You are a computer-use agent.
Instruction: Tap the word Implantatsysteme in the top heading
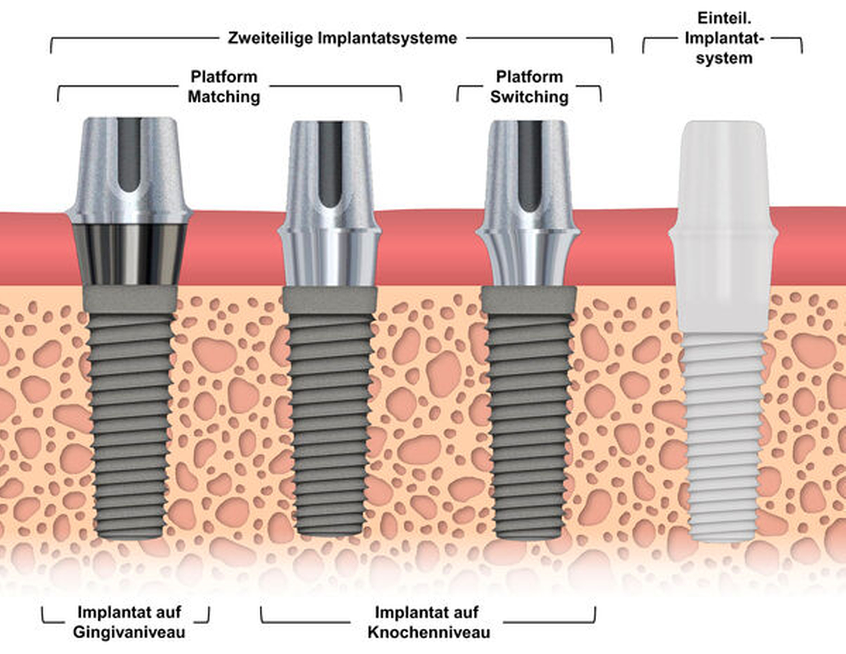pos(387,38)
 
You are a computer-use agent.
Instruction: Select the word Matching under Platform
pos(224,97)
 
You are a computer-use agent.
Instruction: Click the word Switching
pos(529,97)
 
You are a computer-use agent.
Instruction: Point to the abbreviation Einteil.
pos(724,18)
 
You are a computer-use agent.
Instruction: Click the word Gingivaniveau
pos(129,632)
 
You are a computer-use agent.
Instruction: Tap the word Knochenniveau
pos(429,632)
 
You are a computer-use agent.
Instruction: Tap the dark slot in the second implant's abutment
pos(330,165)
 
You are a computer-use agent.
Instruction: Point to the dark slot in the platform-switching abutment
pos(529,165)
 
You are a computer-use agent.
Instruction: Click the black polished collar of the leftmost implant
pos(130,254)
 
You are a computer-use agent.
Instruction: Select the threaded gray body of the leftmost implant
pos(130,423)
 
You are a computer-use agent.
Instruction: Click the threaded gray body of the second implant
pos(330,423)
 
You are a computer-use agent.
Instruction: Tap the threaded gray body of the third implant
pos(529,423)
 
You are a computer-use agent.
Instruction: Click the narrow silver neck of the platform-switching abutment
pos(529,263)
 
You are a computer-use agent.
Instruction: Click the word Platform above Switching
pos(529,77)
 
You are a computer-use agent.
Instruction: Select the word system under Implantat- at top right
pos(724,58)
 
